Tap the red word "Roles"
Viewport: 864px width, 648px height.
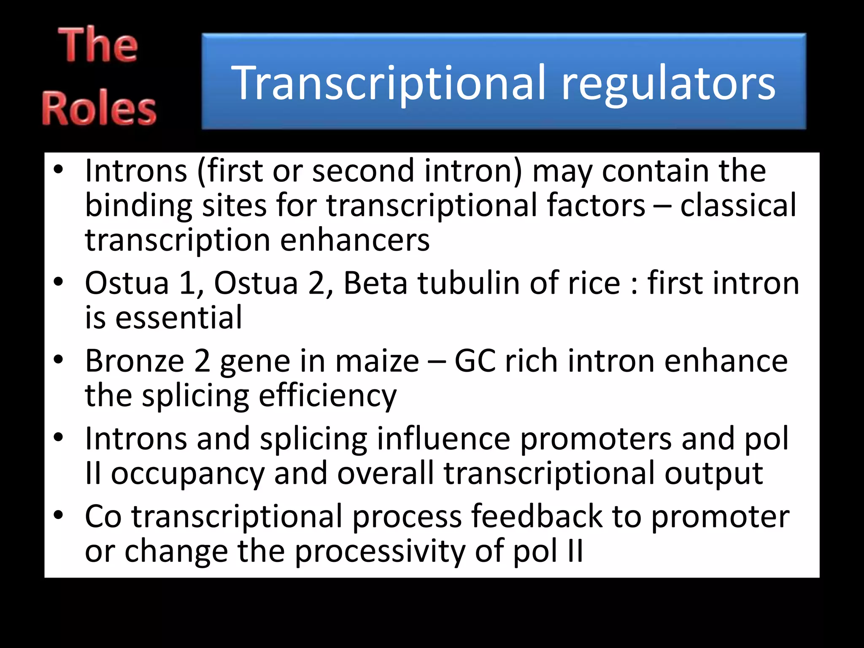pos(99,109)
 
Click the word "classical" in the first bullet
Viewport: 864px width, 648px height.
pos(738,205)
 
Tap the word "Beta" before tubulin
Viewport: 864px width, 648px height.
pos(375,283)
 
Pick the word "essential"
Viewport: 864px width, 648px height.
pos(179,317)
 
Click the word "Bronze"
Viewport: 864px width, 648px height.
pos(135,361)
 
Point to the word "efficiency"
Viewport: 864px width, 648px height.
pos(327,397)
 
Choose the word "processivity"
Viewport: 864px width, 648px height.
pos(379,551)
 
